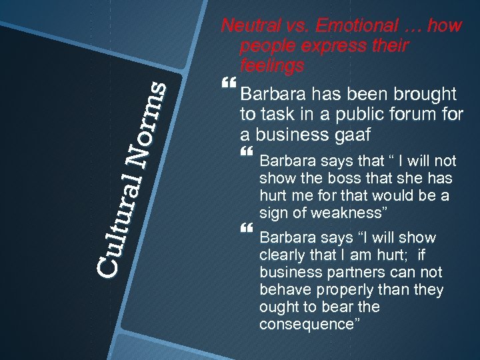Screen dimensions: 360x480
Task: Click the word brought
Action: click(x=422, y=94)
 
